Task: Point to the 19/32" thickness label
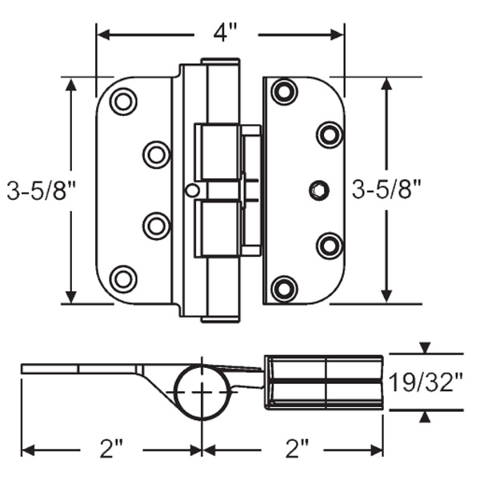click(426, 381)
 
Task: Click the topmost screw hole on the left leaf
click(123, 102)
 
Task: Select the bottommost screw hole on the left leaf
click(123, 278)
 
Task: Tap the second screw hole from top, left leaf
click(156, 154)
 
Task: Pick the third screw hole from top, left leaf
click(156, 225)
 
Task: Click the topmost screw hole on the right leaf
click(284, 92)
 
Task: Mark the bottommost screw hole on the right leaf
click(284, 288)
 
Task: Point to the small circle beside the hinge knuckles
click(190, 190)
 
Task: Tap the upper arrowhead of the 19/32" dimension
click(425, 348)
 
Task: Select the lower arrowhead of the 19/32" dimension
click(425, 415)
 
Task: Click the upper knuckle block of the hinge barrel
click(218, 151)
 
